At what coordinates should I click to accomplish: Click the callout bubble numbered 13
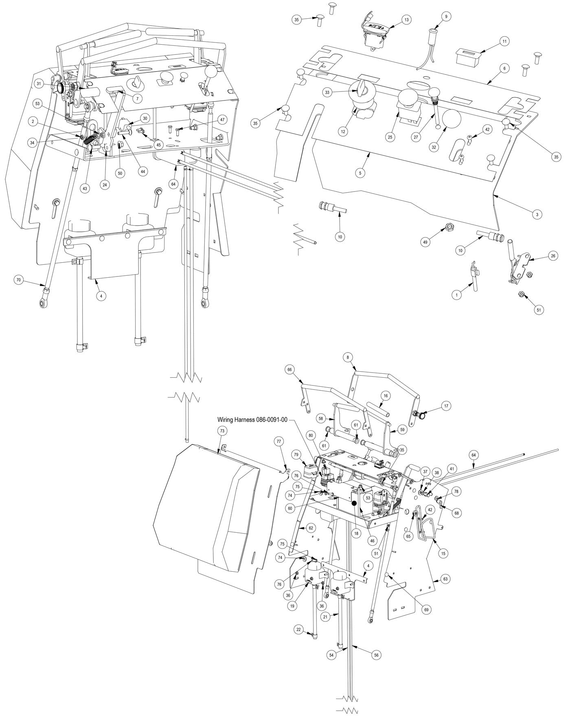click(x=406, y=19)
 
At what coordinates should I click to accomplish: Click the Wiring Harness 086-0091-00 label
click(x=252, y=419)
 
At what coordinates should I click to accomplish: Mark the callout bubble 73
click(x=222, y=430)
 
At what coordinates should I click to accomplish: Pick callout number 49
click(x=425, y=242)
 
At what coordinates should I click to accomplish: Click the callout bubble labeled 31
click(x=39, y=84)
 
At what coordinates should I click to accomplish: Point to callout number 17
click(x=446, y=405)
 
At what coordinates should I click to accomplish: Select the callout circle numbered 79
click(x=296, y=454)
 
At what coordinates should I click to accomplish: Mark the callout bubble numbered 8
click(x=348, y=357)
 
